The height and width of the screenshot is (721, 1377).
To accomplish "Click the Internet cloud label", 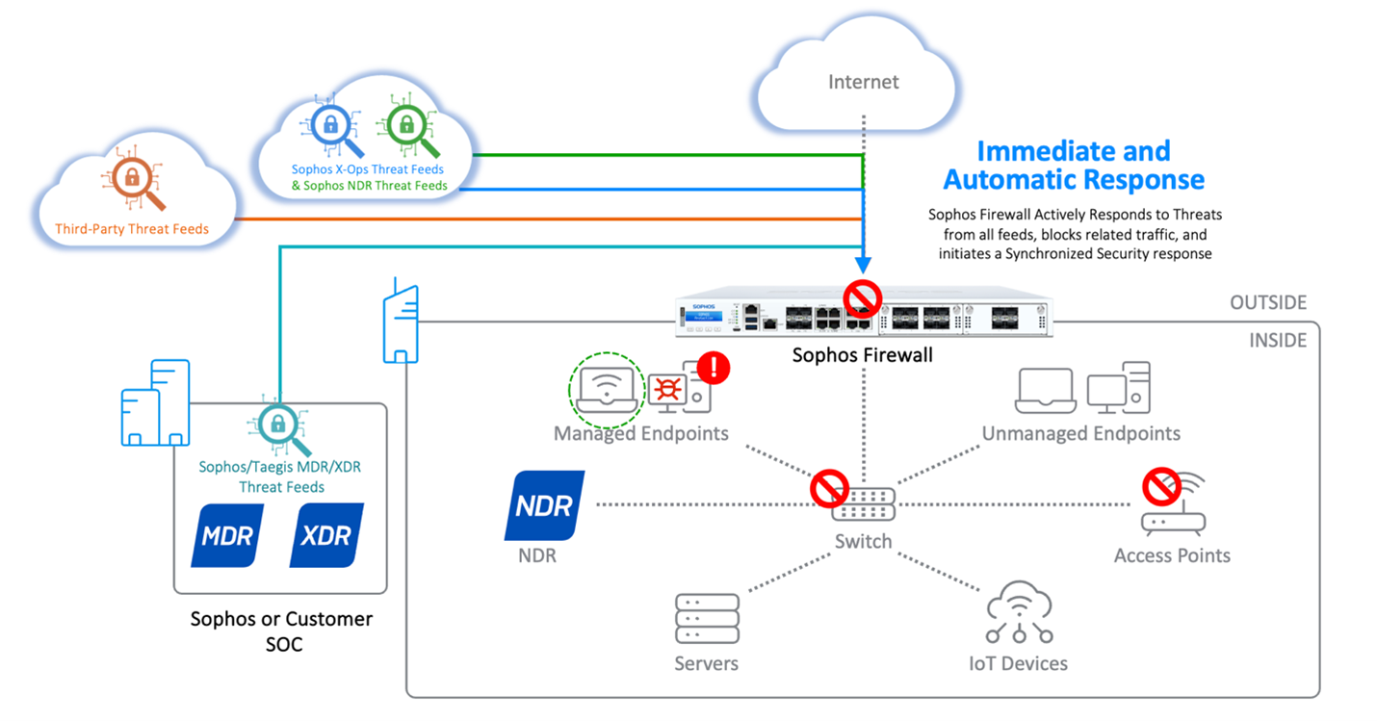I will [x=864, y=83].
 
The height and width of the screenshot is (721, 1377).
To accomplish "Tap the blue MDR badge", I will [x=227, y=535].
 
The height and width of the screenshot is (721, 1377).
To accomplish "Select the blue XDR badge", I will [x=327, y=535].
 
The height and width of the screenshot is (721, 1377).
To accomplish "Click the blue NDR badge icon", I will [x=544, y=505].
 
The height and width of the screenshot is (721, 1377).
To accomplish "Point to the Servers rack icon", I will [x=707, y=618].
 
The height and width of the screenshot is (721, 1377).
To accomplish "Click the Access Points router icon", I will [x=1175, y=510].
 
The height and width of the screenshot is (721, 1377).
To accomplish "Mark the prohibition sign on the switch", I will [x=827, y=488].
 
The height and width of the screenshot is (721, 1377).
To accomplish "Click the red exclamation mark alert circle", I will [x=714, y=367].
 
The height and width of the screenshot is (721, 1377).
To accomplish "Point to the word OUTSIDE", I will [x=1268, y=303].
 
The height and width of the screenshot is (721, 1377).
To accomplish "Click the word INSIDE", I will [x=1278, y=341].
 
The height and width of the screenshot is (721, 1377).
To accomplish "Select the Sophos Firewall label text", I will [x=862, y=355].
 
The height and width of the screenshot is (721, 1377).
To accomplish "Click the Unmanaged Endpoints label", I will [x=1080, y=433].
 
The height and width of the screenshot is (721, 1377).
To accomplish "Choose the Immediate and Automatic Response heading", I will [x=1074, y=166].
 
